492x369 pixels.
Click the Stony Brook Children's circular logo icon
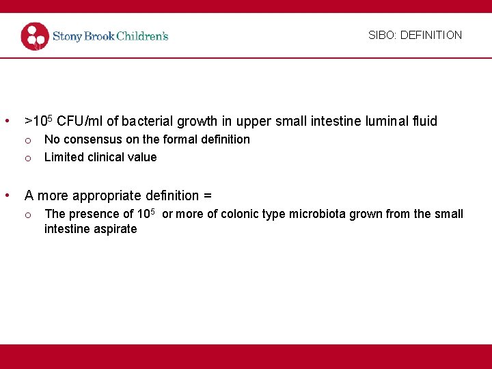pos(35,36)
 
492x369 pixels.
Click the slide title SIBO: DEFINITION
pos(415,35)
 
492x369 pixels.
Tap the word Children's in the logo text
pos(141,36)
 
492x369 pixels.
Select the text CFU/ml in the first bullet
pos(80,122)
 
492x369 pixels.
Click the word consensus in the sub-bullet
pos(92,139)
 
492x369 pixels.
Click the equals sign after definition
pos(208,196)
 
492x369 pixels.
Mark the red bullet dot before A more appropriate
pos(7,195)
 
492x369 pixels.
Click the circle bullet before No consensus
pos(28,140)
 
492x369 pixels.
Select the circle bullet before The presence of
pos(28,215)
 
